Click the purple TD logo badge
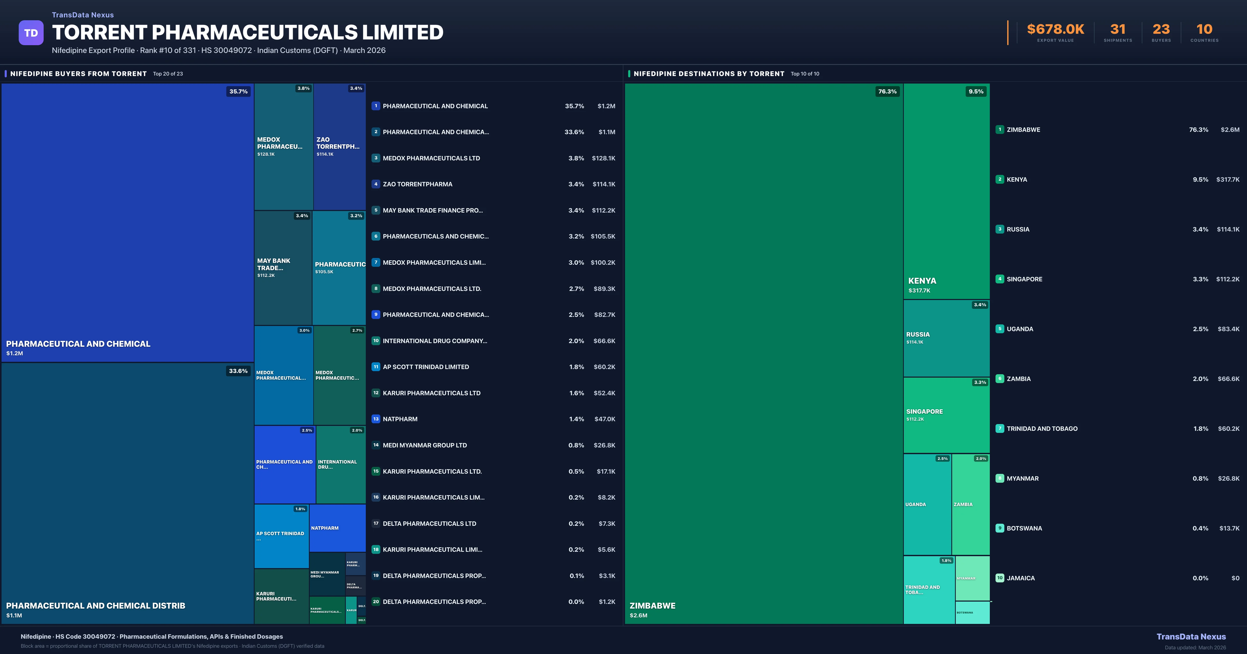point(31,33)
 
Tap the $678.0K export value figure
point(1055,30)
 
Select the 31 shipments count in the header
point(1118,30)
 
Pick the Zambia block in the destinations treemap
point(971,504)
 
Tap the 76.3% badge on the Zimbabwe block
point(887,91)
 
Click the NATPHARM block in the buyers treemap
point(337,528)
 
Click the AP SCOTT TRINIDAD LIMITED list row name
point(426,367)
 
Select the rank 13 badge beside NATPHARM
point(376,419)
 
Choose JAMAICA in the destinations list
point(1020,578)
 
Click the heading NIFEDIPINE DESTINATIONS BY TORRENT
point(709,73)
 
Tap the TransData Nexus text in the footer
point(1191,637)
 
